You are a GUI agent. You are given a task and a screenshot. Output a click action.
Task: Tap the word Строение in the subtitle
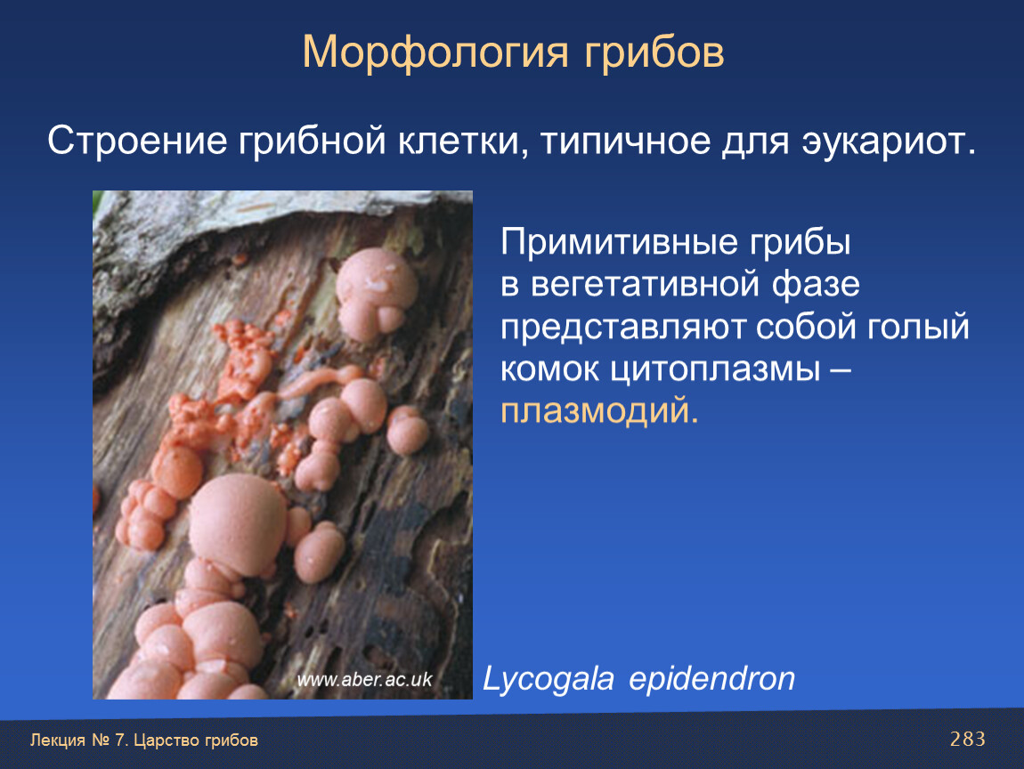point(137,141)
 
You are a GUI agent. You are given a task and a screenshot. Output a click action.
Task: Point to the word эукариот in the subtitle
point(889,141)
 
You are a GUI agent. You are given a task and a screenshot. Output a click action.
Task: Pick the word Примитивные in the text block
point(619,242)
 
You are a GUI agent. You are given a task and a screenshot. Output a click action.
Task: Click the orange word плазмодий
point(599,411)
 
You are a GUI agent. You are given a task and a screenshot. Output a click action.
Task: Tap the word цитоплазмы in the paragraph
point(715,369)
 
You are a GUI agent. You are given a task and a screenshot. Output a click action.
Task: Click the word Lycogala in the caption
point(548,679)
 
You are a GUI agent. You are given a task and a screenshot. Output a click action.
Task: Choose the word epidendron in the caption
point(711,679)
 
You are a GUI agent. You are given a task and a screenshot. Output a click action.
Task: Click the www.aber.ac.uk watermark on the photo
point(364,680)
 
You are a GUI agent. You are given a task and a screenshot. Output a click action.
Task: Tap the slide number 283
point(968,739)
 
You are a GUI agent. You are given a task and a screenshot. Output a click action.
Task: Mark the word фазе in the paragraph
point(817,285)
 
